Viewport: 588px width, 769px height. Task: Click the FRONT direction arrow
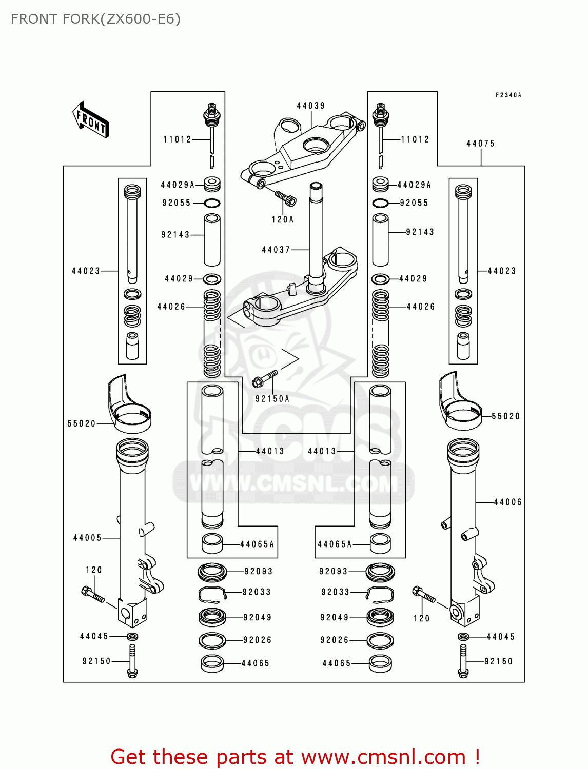(x=91, y=119)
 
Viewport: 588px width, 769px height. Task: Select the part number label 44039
(x=310, y=106)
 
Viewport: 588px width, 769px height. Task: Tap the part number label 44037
(x=276, y=250)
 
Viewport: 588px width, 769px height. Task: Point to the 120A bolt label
(x=282, y=219)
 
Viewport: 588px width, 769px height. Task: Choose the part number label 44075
(x=480, y=144)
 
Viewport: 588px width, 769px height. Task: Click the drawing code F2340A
(x=508, y=95)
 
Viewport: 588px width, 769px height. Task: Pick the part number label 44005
(x=87, y=538)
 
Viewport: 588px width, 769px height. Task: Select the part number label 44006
(x=507, y=502)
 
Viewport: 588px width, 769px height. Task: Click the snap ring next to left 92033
(x=212, y=593)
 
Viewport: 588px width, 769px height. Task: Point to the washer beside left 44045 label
(x=132, y=637)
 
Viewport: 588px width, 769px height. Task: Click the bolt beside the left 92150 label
(x=132, y=661)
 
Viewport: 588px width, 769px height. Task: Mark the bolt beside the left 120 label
(x=93, y=595)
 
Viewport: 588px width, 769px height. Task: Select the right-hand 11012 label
(x=415, y=139)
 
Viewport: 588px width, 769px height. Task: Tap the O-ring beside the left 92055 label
(x=212, y=203)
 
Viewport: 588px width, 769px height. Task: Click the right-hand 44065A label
(x=335, y=544)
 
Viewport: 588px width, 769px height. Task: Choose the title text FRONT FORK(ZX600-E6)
(x=95, y=19)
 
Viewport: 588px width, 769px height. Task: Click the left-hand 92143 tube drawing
(x=212, y=240)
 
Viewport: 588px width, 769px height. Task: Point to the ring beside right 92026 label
(x=380, y=640)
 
